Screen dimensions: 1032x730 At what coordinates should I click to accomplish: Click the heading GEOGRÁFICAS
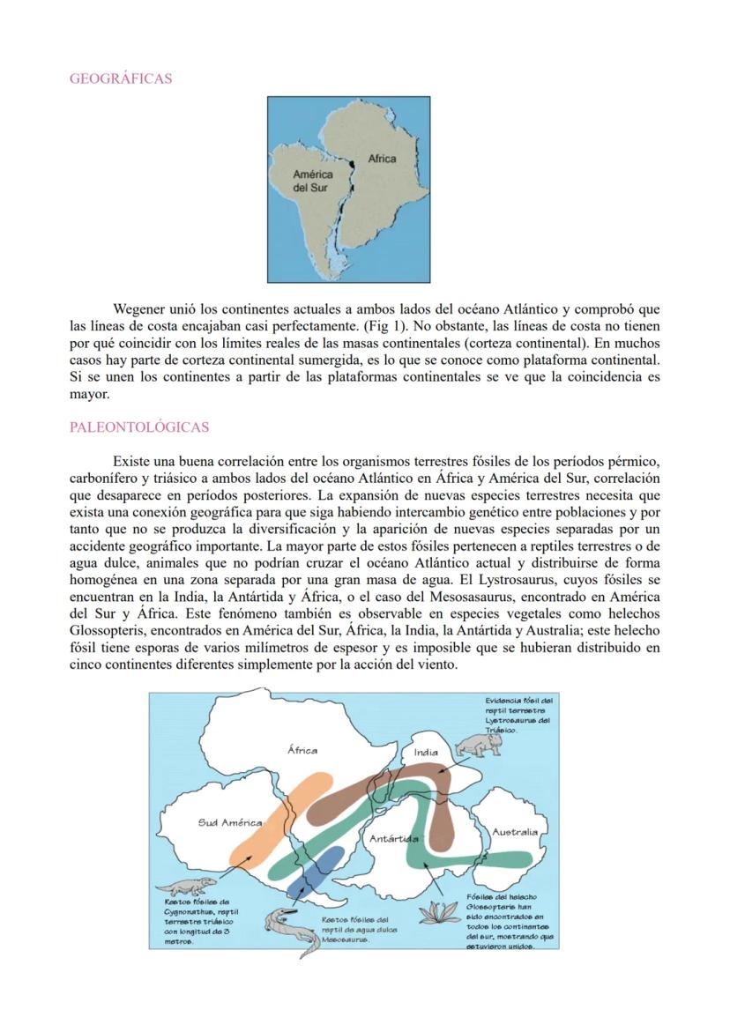[120, 79]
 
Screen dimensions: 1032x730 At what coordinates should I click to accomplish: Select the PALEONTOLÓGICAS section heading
[138, 427]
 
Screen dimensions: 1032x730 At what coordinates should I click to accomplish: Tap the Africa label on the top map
[382, 159]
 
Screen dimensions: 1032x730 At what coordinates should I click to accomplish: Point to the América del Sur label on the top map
[312, 182]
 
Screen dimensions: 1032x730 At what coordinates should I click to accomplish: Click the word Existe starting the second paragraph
[132, 463]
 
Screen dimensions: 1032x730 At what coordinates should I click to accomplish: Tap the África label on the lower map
[302, 750]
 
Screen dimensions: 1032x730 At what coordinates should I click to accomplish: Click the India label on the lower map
[426, 753]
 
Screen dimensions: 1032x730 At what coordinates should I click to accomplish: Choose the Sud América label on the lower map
[229, 822]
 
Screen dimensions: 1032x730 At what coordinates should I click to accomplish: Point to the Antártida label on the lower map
[394, 839]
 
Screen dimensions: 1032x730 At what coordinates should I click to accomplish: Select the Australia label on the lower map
[515, 831]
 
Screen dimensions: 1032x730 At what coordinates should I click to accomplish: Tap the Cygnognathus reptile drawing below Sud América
[184, 885]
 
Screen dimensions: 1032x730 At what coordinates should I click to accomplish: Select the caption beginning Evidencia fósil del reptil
[518, 714]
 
